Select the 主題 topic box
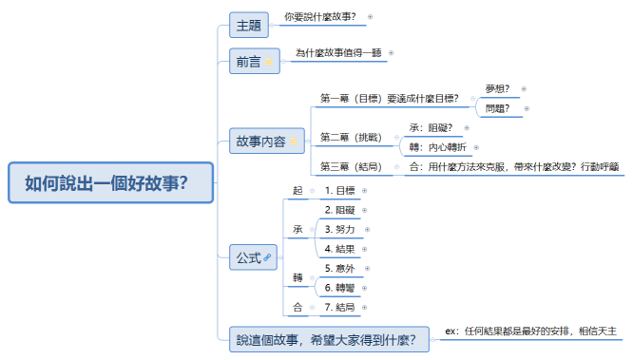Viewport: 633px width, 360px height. click(250, 24)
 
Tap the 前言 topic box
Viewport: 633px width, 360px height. click(249, 62)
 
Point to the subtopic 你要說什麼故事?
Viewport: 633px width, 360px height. click(320, 16)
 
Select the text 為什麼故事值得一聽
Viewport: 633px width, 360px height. click(337, 53)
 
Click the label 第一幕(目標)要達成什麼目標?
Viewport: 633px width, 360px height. click(390, 98)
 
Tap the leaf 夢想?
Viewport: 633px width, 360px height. click(497, 88)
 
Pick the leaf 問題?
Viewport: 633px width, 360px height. click(497, 108)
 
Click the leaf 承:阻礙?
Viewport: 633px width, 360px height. click(431, 127)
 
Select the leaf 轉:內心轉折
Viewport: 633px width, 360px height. click(438, 147)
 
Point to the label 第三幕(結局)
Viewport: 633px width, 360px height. click(351, 167)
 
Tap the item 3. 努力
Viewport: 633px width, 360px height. click(339, 229)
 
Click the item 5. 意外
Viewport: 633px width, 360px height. click(339, 269)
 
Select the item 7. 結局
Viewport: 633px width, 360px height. click(339, 307)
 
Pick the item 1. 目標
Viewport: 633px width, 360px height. click(339, 190)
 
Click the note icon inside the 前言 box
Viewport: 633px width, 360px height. click(269, 63)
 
